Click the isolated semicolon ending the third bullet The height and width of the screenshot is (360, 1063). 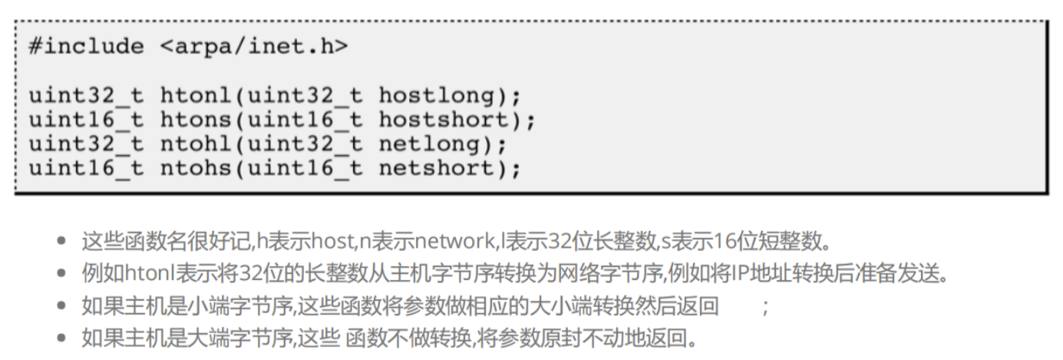[x=764, y=306]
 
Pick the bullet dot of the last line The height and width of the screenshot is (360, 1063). [x=64, y=338]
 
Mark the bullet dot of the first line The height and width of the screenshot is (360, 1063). [x=64, y=243]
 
